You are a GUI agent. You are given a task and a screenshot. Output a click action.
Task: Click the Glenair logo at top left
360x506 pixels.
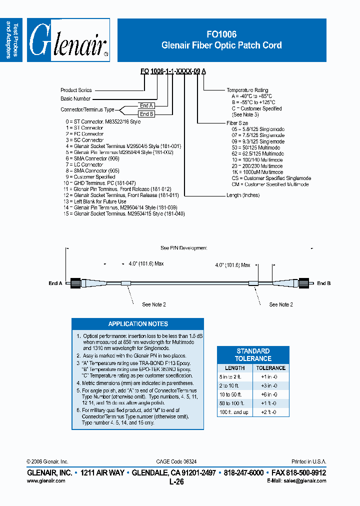pos(68,40)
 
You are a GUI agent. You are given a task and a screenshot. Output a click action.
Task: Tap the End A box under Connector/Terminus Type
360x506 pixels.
pos(146,105)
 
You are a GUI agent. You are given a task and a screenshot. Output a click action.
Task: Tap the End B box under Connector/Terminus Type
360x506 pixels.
pos(146,114)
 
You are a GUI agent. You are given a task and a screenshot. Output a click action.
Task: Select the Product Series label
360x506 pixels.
pos(76,90)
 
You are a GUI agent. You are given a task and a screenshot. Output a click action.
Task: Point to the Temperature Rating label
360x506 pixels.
pos(247,90)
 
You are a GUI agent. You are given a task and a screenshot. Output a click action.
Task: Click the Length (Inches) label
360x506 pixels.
pos(243,195)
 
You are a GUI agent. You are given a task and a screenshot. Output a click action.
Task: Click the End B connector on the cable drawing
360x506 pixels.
pos(304,283)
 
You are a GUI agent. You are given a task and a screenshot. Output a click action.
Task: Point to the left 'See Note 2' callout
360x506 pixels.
pos(154,304)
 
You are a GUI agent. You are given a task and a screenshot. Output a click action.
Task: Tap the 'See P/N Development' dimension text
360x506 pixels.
pos(183,248)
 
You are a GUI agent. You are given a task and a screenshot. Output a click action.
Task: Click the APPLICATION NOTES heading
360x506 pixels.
pos(138,324)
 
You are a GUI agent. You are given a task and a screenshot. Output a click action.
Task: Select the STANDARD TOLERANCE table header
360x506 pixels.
pos(253,354)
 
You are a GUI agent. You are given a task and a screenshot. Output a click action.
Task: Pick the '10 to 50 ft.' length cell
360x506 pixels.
pos(231,394)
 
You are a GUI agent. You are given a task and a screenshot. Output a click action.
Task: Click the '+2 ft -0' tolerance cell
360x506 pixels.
pos(270,412)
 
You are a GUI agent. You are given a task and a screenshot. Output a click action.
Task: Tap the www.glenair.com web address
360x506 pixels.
pos(45,480)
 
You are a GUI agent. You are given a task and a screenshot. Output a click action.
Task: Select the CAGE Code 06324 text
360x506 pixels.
pos(180,461)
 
